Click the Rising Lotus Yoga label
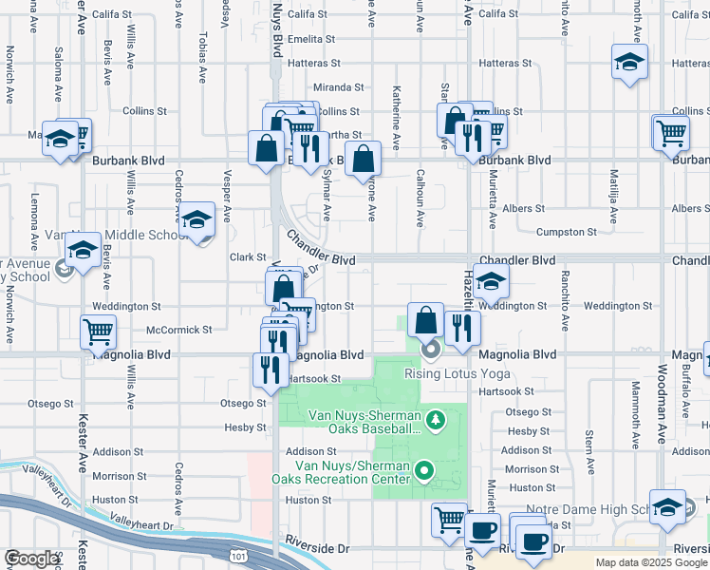[x=457, y=372]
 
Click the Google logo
[x=31, y=559]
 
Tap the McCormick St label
[x=179, y=330]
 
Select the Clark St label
[x=247, y=256]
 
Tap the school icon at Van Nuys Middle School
[x=196, y=220]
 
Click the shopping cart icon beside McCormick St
[x=99, y=332]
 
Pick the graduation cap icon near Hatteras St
[x=629, y=63]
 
